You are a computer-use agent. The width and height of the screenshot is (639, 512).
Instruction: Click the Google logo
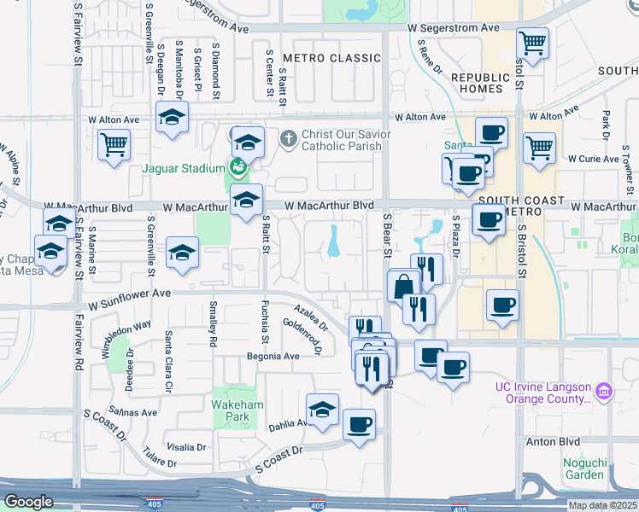tap(29, 502)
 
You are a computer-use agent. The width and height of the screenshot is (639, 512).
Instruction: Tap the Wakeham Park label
tap(232, 410)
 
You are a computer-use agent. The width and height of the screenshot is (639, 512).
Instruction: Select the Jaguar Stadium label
tap(183, 168)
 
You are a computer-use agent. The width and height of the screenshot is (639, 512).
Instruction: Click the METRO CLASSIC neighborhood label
tap(331, 58)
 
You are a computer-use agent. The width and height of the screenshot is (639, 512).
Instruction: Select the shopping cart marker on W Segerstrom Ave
tap(534, 42)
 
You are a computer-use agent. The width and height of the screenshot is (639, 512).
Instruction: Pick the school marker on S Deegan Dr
tap(172, 117)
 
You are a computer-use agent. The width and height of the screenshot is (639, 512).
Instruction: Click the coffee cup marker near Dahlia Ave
tap(360, 424)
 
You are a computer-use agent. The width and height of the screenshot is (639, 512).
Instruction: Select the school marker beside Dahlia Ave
tap(323, 410)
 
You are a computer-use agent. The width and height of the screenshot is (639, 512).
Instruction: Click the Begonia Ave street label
tap(273, 356)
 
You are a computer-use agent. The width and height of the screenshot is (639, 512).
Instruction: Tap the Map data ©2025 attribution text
tap(603, 505)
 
